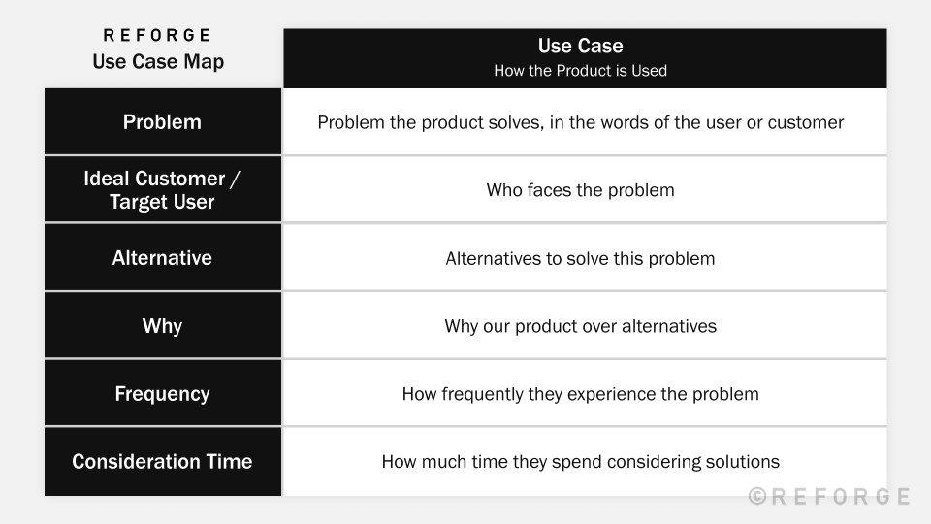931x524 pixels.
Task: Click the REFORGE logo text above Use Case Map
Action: pos(157,36)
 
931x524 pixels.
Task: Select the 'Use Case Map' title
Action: pos(158,61)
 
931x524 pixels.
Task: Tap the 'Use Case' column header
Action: pos(580,46)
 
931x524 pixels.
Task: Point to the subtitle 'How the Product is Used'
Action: pos(580,71)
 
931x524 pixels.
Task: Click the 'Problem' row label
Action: pos(162,122)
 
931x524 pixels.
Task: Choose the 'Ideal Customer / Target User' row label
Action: pos(162,190)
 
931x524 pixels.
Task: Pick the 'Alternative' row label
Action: pos(162,258)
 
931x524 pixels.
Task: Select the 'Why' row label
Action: pos(162,326)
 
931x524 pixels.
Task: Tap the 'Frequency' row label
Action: pos(162,394)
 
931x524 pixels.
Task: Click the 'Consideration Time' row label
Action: pos(162,462)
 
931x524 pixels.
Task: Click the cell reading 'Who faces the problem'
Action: pos(580,190)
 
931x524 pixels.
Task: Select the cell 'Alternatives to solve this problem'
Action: pos(580,258)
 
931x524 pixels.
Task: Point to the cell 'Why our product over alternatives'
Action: pos(580,326)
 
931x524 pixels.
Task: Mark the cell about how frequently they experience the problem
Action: pos(580,394)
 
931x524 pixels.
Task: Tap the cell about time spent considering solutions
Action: pos(580,462)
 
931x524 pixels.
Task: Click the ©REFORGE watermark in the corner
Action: pos(829,497)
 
